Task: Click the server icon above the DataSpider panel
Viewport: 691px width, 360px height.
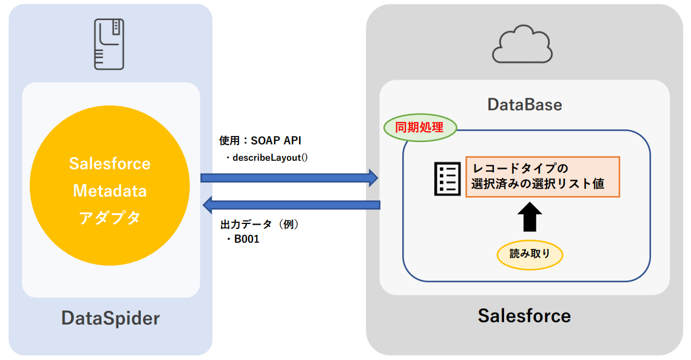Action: pos(110,44)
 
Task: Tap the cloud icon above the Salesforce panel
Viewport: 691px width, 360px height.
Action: pos(522,46)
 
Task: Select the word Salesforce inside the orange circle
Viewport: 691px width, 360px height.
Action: pos(110,164)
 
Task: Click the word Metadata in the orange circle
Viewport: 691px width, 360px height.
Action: pos(110,191)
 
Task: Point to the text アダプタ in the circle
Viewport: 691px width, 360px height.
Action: pos(110,218)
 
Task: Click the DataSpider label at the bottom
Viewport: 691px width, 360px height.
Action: pos(110,318)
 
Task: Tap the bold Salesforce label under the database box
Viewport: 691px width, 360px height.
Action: pos(524,316)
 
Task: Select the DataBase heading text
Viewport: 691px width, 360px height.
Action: pos(525,104)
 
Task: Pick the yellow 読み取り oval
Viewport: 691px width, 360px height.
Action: pos(530,254)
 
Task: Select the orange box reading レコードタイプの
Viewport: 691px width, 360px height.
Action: pos(542,177)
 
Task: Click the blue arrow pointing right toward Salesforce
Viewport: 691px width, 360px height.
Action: pos(289,177)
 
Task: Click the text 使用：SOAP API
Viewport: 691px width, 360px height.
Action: pos(260,141)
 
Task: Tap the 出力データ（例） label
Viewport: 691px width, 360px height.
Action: pos(260,224)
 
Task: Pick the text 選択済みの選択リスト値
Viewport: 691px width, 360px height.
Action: pos(538,184)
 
